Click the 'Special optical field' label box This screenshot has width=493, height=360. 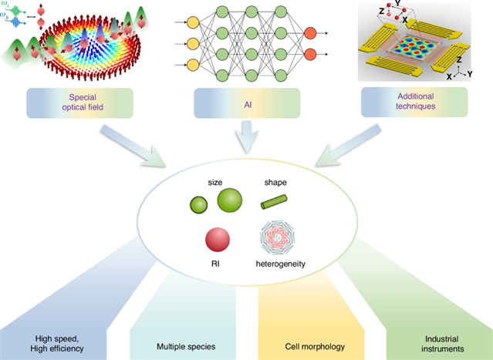(79, 103)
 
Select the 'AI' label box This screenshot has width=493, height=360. (247, 103)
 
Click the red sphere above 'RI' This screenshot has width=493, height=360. (219, 241)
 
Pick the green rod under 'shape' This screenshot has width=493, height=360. (273, 203)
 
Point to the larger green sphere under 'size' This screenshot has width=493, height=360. (231, 201)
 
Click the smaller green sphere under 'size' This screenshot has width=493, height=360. (199, 205)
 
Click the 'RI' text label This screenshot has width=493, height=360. (218, 264)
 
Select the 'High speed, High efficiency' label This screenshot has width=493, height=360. (59, 343)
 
